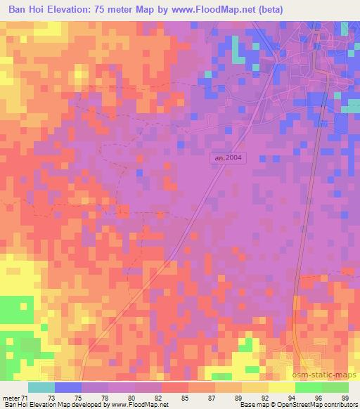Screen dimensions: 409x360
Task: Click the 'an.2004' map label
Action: (x=228, y=159)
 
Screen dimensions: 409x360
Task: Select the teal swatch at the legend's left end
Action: (x=41, y=387)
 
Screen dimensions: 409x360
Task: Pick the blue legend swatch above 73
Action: (x=68, y=387)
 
